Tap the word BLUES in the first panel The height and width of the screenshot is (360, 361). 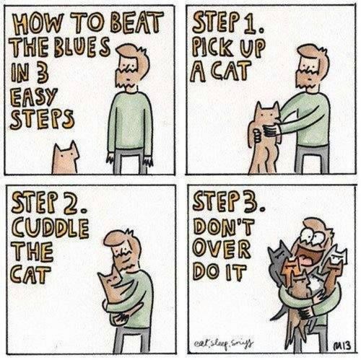pos(82,47)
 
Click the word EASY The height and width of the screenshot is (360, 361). pos(34,96)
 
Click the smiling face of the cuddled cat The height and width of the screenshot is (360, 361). pos(110,279)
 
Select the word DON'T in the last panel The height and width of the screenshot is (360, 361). pos(224,227)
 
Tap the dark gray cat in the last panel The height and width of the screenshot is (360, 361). pos(277,261)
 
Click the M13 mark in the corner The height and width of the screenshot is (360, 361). pos(344,346)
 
